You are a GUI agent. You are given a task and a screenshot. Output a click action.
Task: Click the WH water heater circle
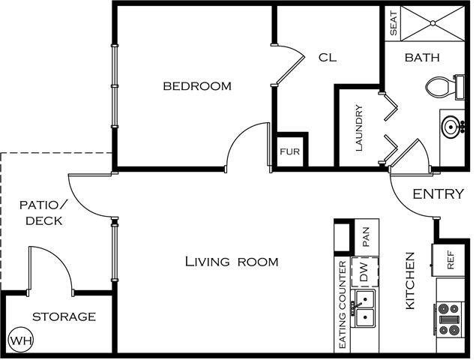pyautogui.click(x=21, y=340)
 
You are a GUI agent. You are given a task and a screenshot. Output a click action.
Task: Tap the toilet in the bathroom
pyautogui.click(x=445, y=87)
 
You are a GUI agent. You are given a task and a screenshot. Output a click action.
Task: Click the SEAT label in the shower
pyautogui.click(x=393, y=23)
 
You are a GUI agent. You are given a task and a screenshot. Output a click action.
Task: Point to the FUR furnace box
pyautogui.click(x=289, y=151)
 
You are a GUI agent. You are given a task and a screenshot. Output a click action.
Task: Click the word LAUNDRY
pyautogui.click(x=359, y=128)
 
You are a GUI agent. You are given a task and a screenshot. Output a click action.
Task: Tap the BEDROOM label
pyautogui.click(x=197, y=86)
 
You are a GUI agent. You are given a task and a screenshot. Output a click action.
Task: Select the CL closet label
pyautogui.click(x=328, y=58)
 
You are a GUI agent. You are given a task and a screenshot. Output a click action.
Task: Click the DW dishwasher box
pyautogui.click(x=364, y=272)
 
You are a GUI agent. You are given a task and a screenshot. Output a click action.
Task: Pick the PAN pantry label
pyautogui.click(x=366, y=237)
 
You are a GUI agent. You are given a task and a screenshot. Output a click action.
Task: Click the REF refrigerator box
pyautogui.click(x=448, y=259)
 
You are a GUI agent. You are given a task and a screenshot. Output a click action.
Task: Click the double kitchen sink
pyautogui.click(x=364, y=308)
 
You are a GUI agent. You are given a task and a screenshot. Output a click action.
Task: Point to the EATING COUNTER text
pyautogui.click(x=342, y=304)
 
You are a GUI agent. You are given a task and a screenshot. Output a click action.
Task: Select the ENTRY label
pyautogui.click(x=439, y=193)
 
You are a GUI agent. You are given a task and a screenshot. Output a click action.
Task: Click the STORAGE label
pyautogui.click(x=64, y=316)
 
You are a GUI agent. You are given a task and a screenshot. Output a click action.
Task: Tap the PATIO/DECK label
pyautogui.click(x=44, y=213)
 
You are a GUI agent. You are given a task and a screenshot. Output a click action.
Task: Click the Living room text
pyautogui.click(x=232, y=262)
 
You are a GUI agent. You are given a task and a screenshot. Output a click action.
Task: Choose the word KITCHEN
pyautogui.click(x=410, y=280)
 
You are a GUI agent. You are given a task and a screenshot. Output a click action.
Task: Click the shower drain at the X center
pyautogui.click(x=433, y=23)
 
